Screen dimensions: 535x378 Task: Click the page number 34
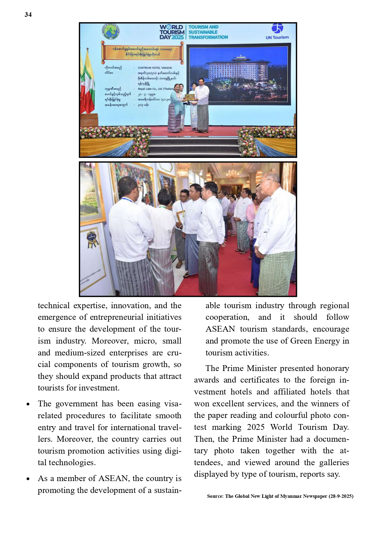pos(28,15)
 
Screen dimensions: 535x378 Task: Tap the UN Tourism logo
pos(277,31)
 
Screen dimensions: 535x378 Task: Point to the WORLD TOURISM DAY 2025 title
pos(172,32)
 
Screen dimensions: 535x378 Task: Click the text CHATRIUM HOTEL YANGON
pos(154,68)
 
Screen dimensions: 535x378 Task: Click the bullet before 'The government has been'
pos(28,405)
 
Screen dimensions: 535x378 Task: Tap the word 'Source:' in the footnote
pos(215,496)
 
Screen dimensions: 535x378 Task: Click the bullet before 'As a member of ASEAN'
pos(28,479)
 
